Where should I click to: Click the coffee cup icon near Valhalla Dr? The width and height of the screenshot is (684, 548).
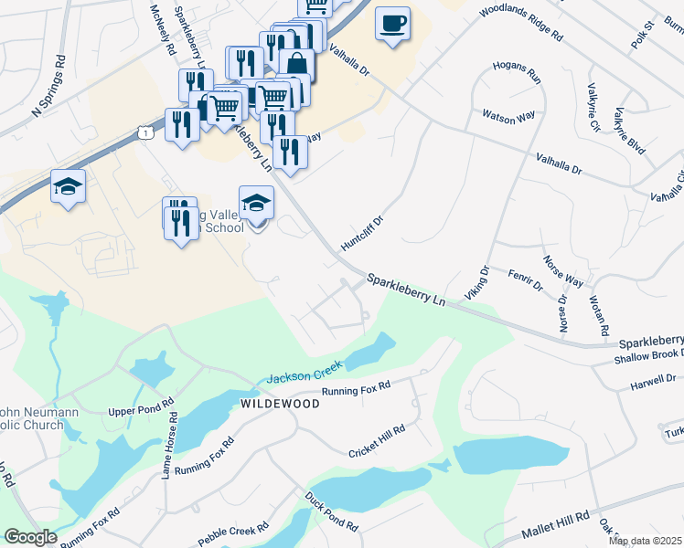[x=392, y=24]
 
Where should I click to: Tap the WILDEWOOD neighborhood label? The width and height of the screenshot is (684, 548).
[x=280, y=403]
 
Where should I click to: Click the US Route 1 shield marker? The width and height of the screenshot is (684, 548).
[x=146, y=133]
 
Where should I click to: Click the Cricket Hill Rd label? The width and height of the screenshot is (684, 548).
[x=377, y=440]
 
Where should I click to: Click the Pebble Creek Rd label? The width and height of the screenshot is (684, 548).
[x=233, y=533]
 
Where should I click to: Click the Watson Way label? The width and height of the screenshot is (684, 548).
[x=508, y=116]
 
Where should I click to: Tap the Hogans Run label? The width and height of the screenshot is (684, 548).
[x=518, y=73]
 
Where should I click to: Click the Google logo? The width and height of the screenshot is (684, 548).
[x=30, y=537]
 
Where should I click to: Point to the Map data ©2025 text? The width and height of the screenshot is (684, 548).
[x=645, y=541]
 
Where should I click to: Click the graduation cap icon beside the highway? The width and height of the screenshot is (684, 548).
[x=68, y=188]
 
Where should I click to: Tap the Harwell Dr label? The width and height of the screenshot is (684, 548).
[x=652, y=378]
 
